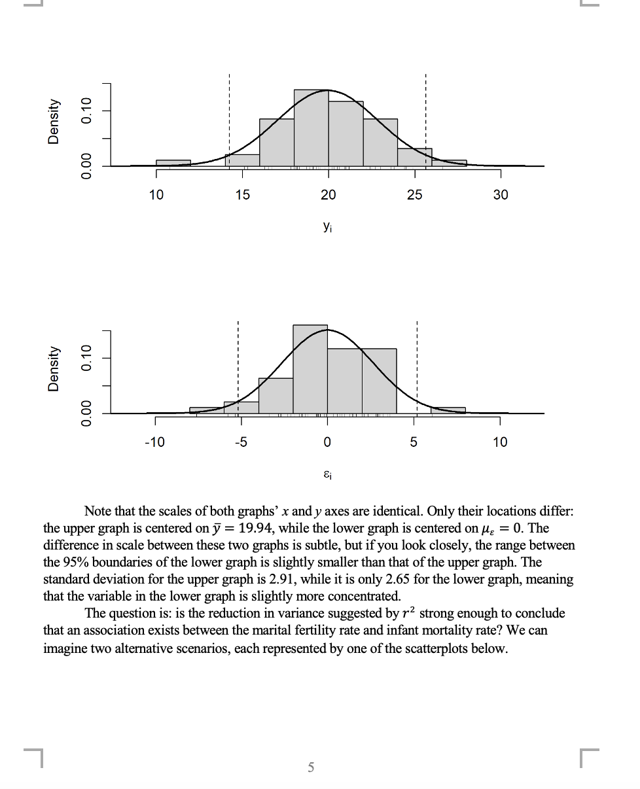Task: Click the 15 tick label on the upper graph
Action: (x=242, y=195)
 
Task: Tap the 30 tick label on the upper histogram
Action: (x=501, y=195)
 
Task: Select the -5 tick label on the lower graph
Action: (x=241, y=442)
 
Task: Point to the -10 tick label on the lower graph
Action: (x=154, y=442)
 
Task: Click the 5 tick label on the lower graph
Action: (x=414, y=442)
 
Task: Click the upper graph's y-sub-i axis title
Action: (x=327, y=226)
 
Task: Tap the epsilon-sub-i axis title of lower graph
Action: (x=327, y=474)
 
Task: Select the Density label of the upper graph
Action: (x=54, y=122)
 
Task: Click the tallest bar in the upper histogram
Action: (x=311, y=128)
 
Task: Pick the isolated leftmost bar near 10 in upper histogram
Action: (x=173, y=163)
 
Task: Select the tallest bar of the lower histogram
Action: (x=310, y=369)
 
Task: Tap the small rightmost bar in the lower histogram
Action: (x=448, y=410)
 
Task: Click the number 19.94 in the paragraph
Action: (x=255, y=528)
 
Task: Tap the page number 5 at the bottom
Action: (x=311, y=767)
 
